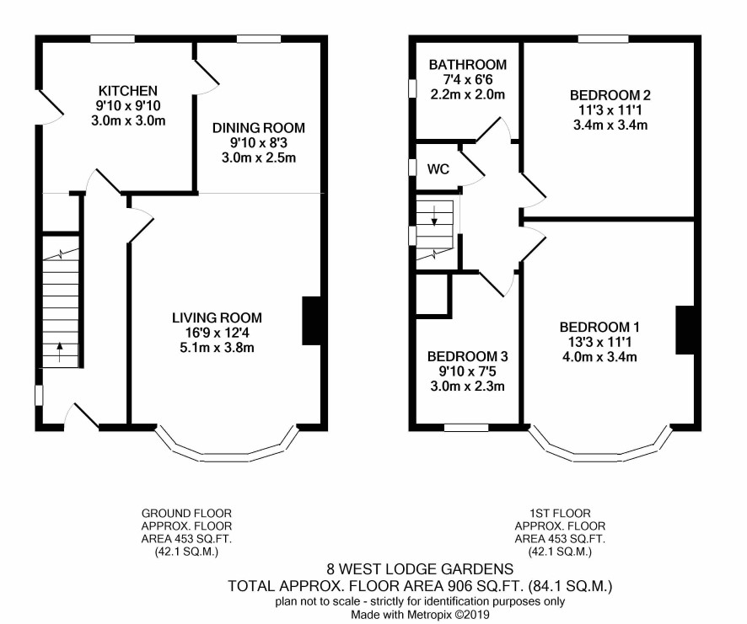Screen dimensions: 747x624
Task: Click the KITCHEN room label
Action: tap(127, 90)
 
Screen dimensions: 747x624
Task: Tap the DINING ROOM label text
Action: tap(259, 127)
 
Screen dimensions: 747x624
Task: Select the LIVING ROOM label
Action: tap(217, 317)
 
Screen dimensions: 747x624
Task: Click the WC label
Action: tap(438, 169)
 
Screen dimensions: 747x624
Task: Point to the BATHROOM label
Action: tap(468, 64)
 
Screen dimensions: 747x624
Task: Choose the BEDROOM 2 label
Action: tap(610, 95)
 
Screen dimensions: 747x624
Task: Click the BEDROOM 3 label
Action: tap(467, 356)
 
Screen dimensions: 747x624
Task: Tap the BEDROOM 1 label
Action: tap(599, 327)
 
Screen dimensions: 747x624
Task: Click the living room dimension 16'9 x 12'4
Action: tap(217, 333)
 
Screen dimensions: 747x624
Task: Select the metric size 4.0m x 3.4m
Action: tap(599, 356)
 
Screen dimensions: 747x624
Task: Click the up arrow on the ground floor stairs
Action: tap(60, 352)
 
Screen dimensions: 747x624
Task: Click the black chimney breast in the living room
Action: tap(311, 320)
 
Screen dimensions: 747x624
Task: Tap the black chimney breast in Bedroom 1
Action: tap(685, 330)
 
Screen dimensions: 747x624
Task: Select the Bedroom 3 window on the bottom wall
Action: tap(466, 428)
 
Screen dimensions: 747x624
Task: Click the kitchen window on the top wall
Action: tap(113, 39)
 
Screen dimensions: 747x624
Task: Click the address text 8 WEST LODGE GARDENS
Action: tap(420, 568)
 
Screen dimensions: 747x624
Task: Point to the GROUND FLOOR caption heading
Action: tap(187, 513)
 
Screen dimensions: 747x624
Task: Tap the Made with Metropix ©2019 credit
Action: tap(420, 615)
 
